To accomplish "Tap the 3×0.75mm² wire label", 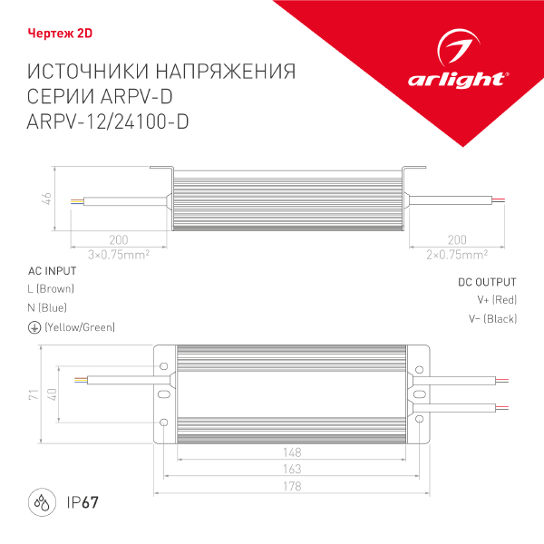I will coord(118,254).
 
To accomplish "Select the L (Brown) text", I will coord(52,289).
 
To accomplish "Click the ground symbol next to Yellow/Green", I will coord(34,326).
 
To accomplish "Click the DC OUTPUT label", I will coord(487,282).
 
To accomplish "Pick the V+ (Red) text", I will coord(496,299).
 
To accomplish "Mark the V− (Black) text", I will coord(492,318).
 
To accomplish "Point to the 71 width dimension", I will coord(32,394).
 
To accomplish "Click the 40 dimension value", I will coord(53,394).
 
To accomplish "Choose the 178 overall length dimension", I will coord(291,487).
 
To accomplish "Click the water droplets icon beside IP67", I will coord(42,501).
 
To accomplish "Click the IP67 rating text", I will coord(82,502).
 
